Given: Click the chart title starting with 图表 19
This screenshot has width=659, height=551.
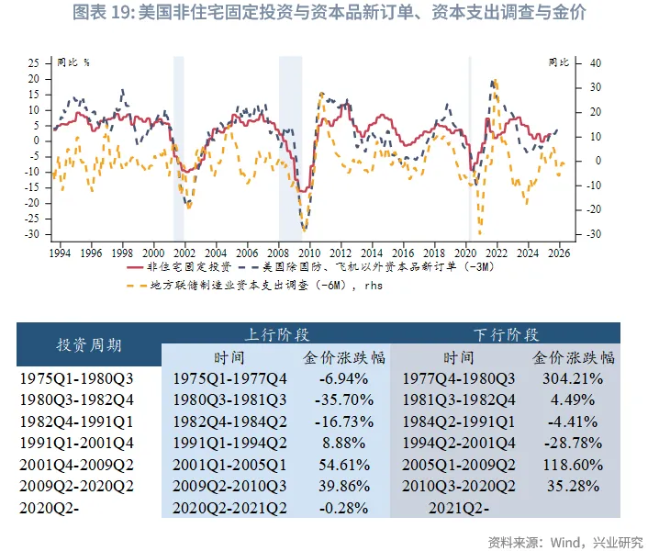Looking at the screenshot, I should (x=329, y=13).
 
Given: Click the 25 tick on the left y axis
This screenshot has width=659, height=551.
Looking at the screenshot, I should (x=33, y=63).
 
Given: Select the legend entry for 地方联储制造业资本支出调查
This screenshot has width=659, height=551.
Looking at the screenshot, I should (x=266, y=285).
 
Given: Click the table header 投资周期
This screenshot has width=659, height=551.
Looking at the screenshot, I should (x=89, y=344).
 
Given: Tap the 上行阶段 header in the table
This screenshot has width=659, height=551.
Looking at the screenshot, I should (x=275, y=333).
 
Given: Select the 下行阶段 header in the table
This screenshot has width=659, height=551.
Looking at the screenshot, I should (x=505, y=333).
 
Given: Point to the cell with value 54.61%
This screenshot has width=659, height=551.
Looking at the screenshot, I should (x=343, y=467).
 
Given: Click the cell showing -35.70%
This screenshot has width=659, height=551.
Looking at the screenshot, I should (x=343, y=400).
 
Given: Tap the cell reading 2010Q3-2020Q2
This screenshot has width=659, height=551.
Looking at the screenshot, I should (x=458, y=489).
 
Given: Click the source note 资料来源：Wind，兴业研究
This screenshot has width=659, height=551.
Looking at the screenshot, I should (x=566, y=541).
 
